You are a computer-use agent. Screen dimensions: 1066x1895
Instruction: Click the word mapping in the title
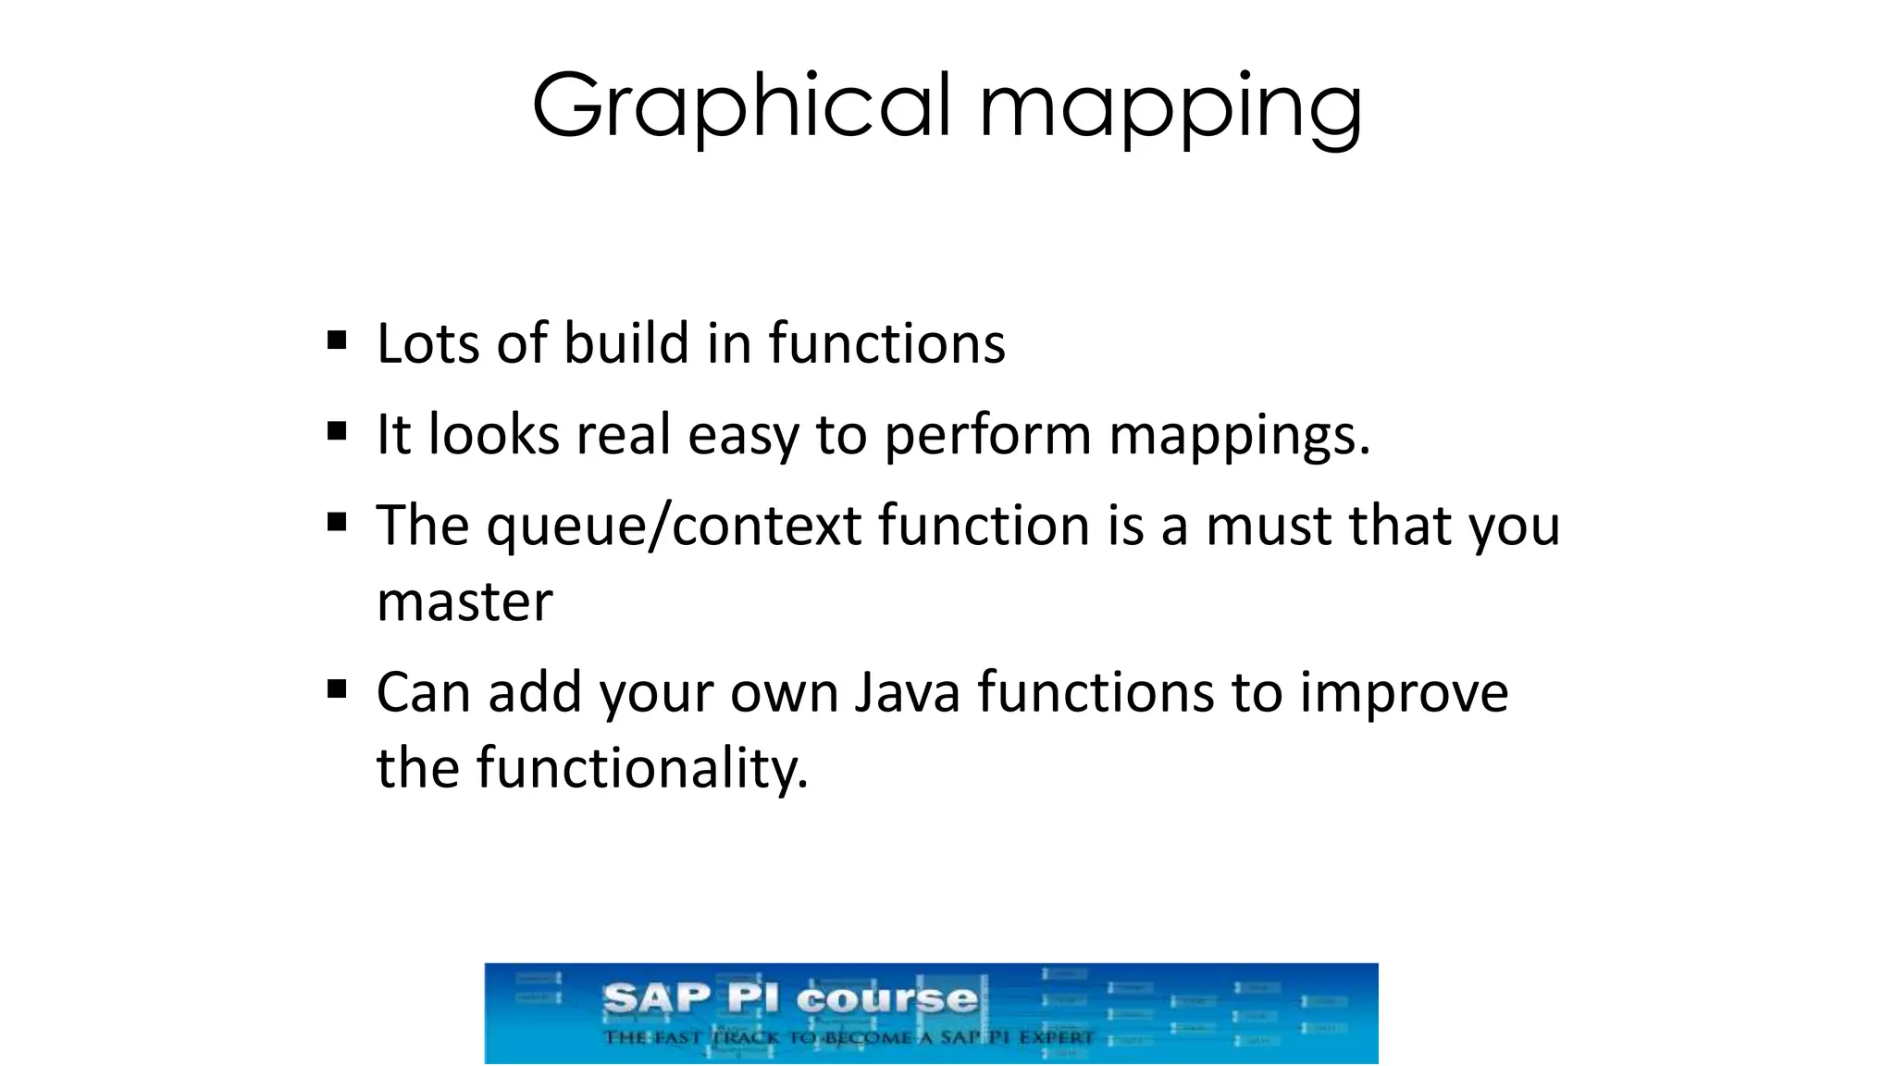[x=1170, y=109]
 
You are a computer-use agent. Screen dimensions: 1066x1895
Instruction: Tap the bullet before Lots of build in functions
[x=337, y=341]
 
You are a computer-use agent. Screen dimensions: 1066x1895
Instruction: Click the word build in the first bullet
[x=626, y=344]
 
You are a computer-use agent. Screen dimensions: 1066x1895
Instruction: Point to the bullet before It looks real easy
[x=337, y=431]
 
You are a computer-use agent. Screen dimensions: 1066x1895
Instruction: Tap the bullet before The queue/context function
[x=337, y=522]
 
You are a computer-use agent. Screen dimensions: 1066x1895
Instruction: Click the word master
[x=464, y=602]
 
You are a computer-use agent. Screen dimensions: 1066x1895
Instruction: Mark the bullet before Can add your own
[x=337, y=688]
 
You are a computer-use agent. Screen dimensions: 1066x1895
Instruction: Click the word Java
[x=907, y=693]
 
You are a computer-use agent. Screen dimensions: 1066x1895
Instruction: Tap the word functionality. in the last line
[x=642, y=768]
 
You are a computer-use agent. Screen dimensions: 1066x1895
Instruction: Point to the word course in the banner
[x=886, y=999]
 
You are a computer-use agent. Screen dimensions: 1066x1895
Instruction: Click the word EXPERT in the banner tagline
[x=1056, y=1037]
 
